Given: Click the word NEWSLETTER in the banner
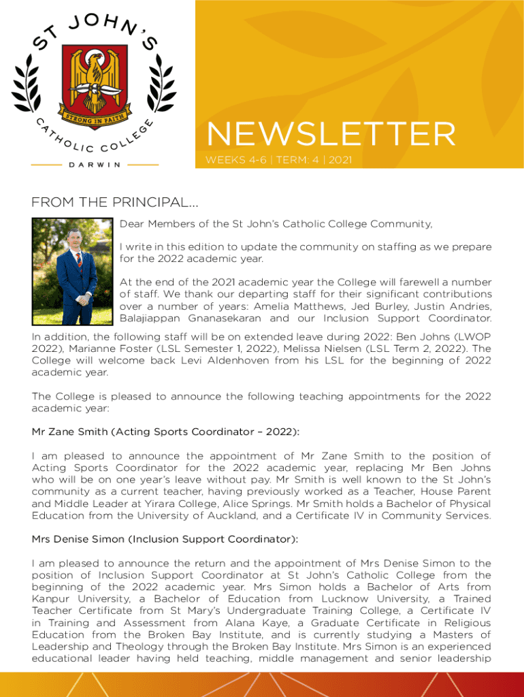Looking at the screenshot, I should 331,134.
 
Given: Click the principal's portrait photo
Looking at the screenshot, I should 71,272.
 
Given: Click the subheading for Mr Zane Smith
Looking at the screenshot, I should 165,432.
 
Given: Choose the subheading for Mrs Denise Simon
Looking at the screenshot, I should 165,539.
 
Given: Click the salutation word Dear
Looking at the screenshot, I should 132,223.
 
